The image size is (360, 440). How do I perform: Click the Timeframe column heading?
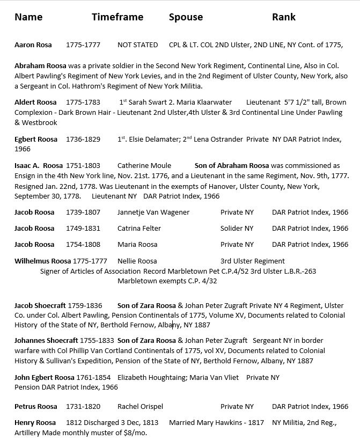117,17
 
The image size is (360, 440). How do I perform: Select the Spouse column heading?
186,17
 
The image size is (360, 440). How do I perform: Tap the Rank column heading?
284,17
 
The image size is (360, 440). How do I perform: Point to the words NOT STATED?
137,45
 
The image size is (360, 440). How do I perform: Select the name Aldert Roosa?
35,102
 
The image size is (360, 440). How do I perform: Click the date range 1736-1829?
83,140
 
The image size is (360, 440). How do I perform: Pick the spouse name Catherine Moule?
144,166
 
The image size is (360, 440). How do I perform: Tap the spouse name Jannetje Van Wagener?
153,212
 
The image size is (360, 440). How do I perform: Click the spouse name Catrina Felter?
139,229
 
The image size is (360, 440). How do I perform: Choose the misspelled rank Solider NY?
237,229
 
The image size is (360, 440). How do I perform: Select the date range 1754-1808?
83,245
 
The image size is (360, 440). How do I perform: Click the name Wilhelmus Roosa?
43,261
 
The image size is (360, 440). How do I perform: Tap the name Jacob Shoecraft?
43,305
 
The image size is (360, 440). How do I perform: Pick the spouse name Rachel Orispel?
140,407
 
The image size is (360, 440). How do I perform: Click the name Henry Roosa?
35,423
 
